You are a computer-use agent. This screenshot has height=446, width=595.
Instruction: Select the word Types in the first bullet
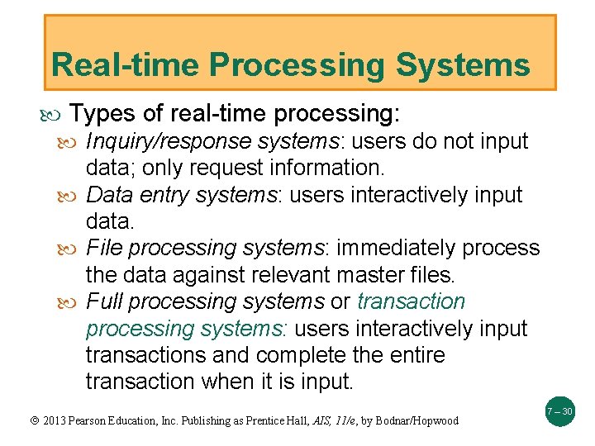(x=98, y=113)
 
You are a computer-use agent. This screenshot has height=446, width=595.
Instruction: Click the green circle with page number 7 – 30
(x=559, y=410)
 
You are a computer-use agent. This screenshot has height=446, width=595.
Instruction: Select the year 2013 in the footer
(x=50, y=420)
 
